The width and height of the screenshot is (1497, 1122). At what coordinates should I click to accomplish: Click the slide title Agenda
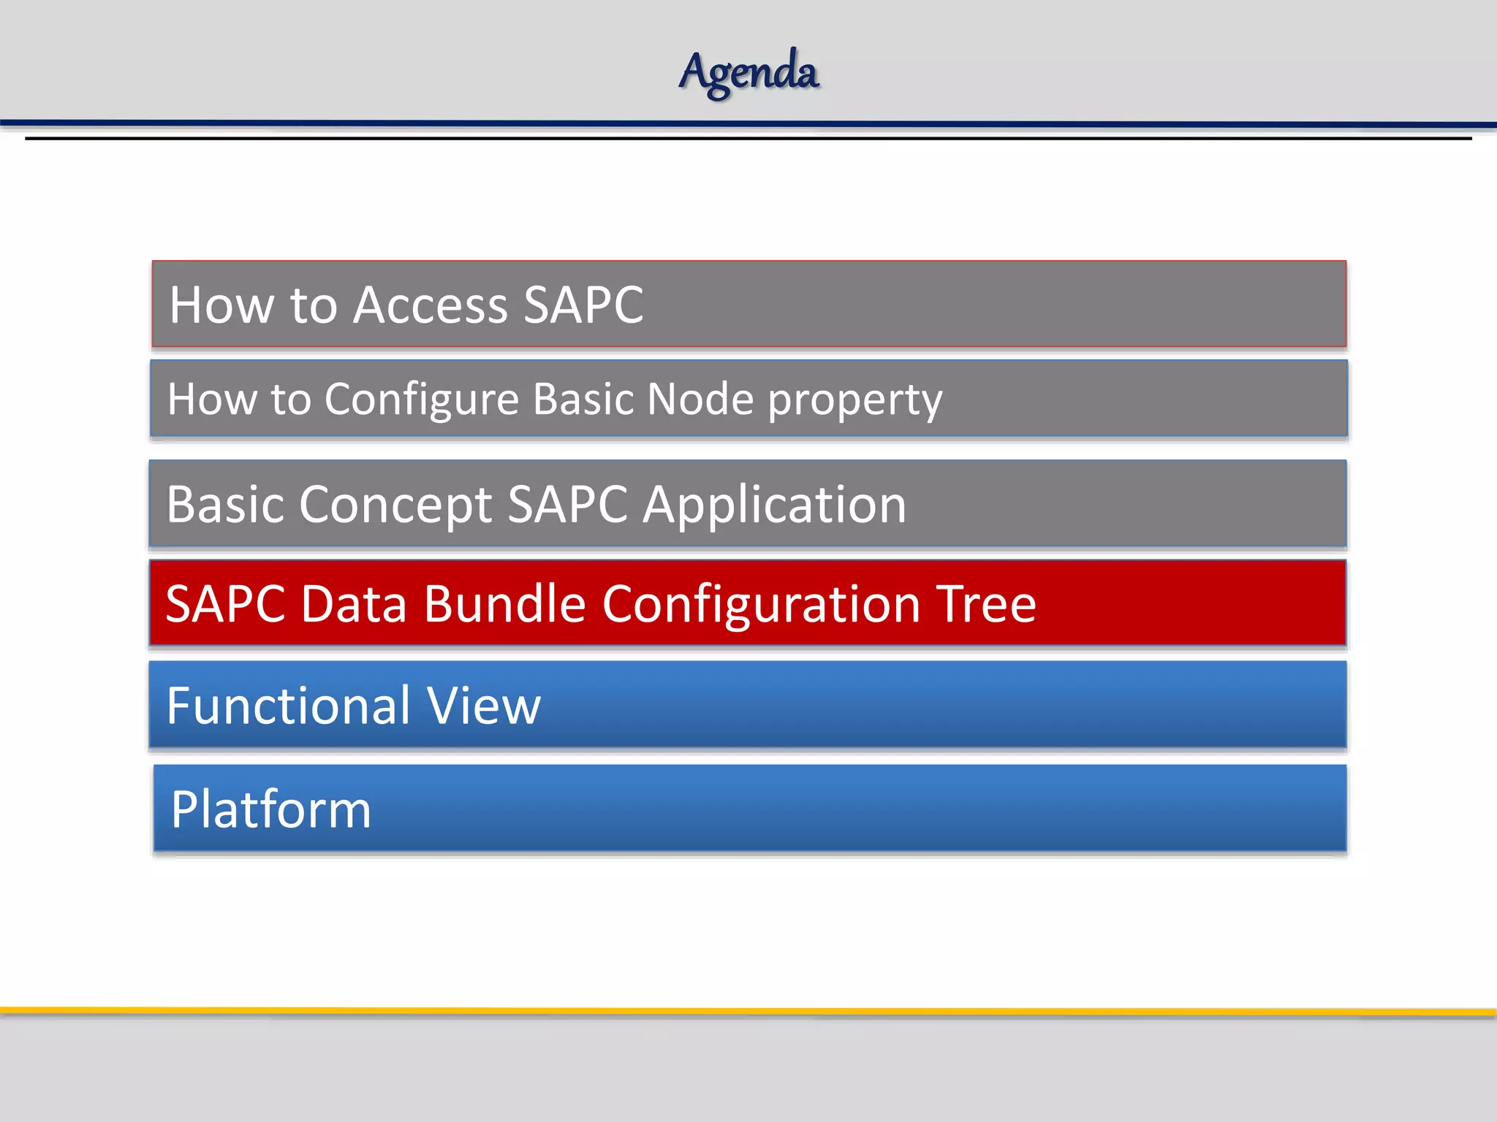point(748,72)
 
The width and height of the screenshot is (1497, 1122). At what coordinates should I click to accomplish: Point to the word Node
point(700,400)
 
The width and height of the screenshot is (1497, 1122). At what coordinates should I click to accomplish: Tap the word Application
point(774,506)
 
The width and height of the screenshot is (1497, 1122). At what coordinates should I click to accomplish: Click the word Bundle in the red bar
point(504,604)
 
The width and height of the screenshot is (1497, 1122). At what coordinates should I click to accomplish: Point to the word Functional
point(288,706)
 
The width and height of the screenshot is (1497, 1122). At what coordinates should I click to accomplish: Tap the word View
point(483,706)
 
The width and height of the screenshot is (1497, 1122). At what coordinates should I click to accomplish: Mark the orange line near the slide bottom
point(748,1012)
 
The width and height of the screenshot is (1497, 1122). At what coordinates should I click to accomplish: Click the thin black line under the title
point(748,138)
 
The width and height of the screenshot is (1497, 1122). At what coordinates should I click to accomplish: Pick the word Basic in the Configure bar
point(583,400)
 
